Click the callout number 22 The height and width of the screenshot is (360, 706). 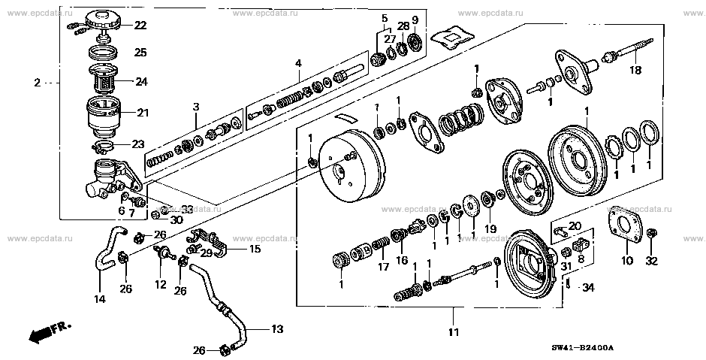tap(140, 26)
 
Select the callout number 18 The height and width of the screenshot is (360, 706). tap(635, 71)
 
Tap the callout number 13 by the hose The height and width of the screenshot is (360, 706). tap(277, 328)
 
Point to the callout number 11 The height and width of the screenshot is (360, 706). tap(454, 332)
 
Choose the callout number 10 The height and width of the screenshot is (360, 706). tap(627, 262)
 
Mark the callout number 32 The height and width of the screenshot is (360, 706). tap(651, 262)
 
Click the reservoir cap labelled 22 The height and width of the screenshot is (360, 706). tap(107, 20)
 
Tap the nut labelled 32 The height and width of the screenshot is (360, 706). tap(651, 233)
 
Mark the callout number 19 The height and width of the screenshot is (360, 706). tap(490, 228)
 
